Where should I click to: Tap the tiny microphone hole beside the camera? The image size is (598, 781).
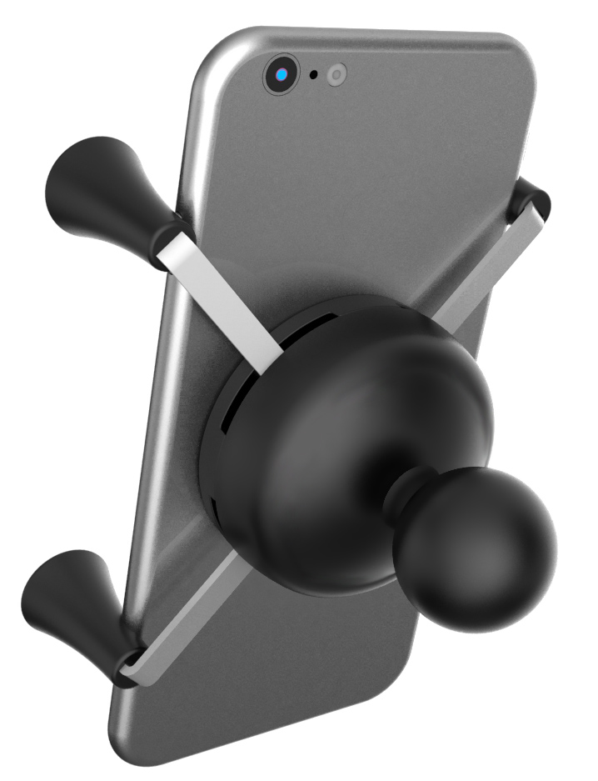tap(314, 75)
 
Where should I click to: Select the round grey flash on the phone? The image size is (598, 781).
tap(336, 74)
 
